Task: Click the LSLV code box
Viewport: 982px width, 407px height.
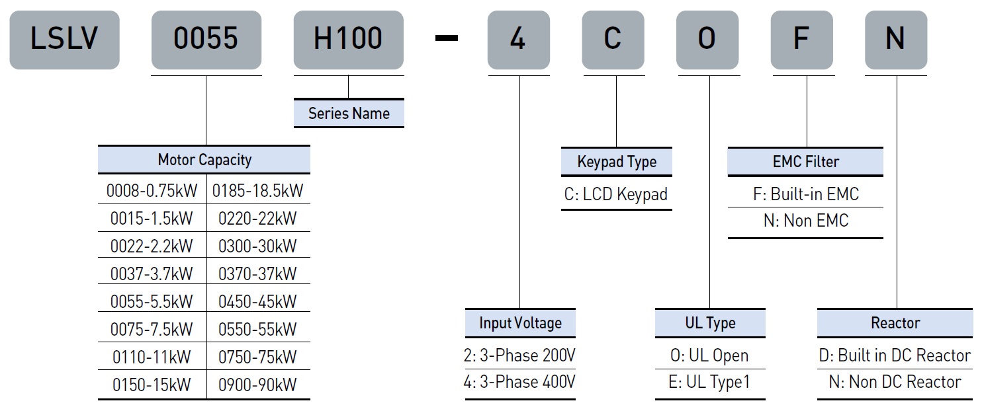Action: coord(64,40)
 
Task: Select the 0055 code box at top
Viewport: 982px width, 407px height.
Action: coord(206,40)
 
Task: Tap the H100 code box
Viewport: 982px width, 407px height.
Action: coord(349,40)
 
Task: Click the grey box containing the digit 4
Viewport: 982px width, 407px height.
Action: coord(519,40)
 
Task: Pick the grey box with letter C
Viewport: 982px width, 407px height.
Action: coord(613,40)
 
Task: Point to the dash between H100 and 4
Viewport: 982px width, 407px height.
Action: coord(446,38)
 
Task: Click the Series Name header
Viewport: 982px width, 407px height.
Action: coord(349,114)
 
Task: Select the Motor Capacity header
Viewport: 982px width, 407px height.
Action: coord(204,160)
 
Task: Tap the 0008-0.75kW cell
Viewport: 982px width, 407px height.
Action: coord(152,190)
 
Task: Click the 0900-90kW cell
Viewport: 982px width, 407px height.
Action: coord(258,385)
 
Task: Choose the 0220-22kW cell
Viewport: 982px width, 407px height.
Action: coord(258,219)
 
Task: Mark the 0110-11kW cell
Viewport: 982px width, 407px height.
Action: coord(152,357)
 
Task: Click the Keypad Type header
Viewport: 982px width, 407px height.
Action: coord(617,161)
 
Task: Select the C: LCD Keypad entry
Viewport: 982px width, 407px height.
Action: coord(616,194)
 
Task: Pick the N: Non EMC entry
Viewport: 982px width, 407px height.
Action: coord(806,221)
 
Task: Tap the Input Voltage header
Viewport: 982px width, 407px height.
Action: coord(520,323)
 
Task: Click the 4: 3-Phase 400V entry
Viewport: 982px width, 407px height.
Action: coord(519,382)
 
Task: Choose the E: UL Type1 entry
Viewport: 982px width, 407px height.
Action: coord(709,382)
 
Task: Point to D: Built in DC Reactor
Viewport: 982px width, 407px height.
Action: coord(895,355)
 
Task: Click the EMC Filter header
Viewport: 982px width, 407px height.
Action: coord(806,161)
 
